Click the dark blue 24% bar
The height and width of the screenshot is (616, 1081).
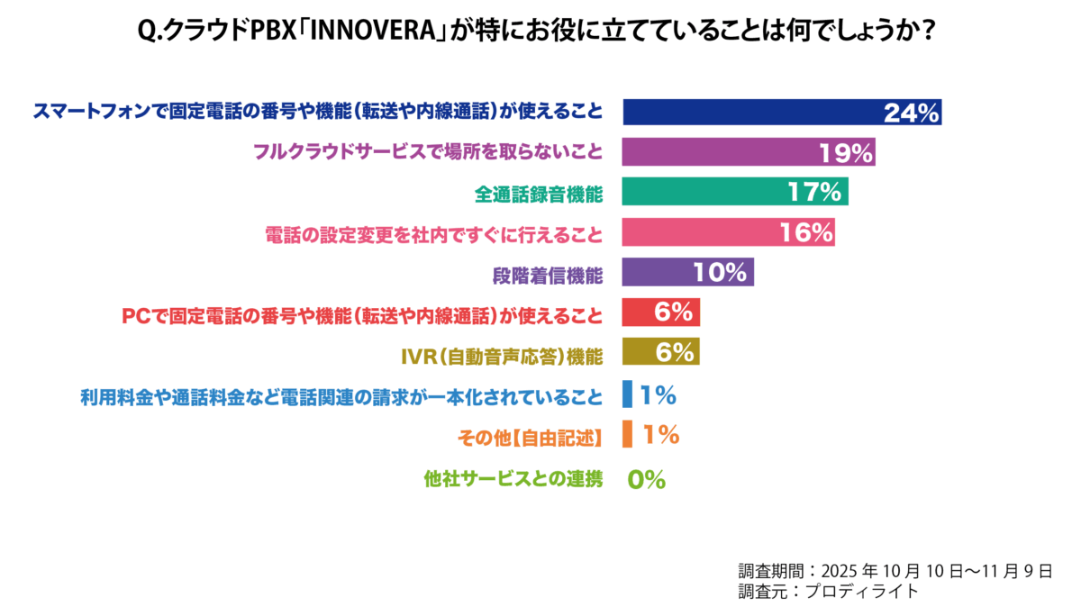[782, 112]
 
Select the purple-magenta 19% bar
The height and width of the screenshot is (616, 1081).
[749, 152]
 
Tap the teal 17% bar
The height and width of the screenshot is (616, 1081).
[735, 192]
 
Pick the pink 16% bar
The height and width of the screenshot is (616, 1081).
[728, 232]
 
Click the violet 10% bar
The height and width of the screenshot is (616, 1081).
[688, 272]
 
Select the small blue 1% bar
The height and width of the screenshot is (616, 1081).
[627, 394]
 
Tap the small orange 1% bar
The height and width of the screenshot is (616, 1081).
[627, 434]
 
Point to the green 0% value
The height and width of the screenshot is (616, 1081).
[646, 480]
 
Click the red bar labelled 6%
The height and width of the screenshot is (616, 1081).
[661, 313]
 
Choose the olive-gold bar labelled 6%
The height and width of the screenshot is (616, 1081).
[661, 352]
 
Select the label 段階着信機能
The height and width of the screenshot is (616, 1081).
[548, 272]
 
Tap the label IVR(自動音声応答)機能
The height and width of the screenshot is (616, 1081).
[501, 353]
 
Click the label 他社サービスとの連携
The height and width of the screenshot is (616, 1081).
[513, 480]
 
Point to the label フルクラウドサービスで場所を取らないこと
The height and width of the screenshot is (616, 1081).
[427, 152]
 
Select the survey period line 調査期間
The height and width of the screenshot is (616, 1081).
[895, 571]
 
